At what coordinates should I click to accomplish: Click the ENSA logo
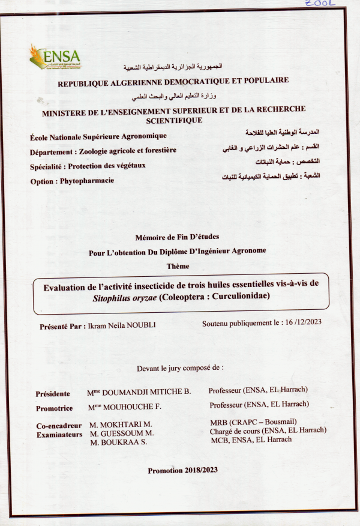click(55, 57)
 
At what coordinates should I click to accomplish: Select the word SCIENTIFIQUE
click(173, 119)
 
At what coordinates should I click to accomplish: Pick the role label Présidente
click(53, 394)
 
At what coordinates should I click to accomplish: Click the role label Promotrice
click(54, 408)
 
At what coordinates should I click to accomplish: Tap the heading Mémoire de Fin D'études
click(179, 237)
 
